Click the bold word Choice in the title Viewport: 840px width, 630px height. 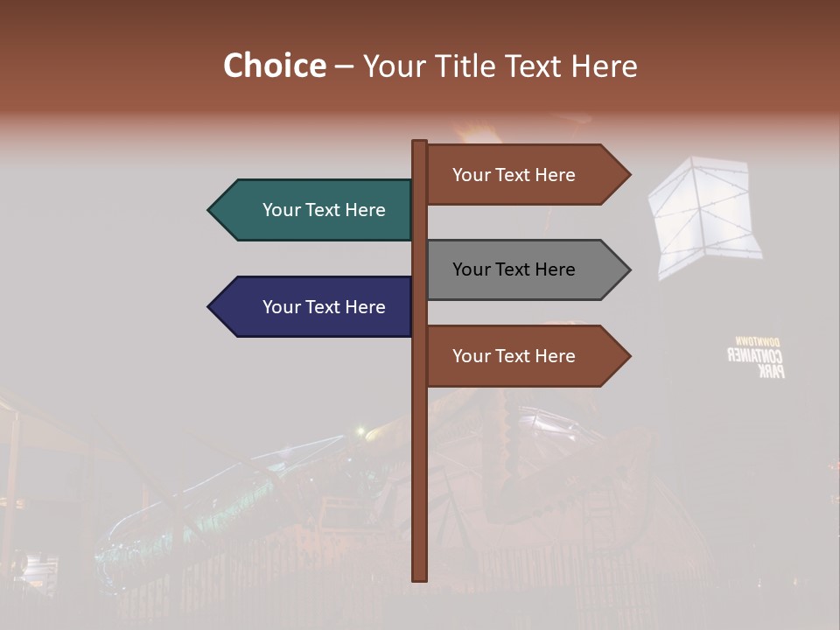pyautogui.click(x=274, y=66)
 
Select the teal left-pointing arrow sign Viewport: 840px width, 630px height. pyautogui.click(x=315, y=210)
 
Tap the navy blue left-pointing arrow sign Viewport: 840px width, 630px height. pyautogui.click(x=315, y=307)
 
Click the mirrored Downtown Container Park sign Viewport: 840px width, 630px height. pyautogui.click(x=757, y=357)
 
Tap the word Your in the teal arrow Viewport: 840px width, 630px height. pyautogui.click(x=281, y=210)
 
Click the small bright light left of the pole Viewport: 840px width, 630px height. pyautogui.click(x=360, y=431)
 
